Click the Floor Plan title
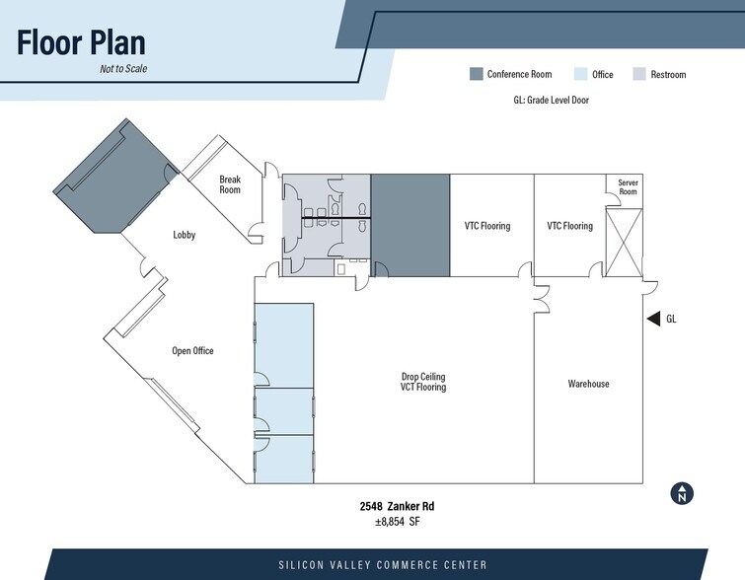[x=81, y=42]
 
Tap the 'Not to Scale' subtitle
[x=123, y=69]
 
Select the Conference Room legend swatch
[x=476, y=74]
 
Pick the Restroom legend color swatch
[x=638, y=74]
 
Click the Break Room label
[x=229, y=184]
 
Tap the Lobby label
[x=185, y=235]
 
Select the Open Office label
[x=192, y=351]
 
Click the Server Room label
[x=628, y=186]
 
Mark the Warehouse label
[x=588, y=384]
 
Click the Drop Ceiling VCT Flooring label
[x=423, y=382]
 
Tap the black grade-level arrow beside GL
[x=652, y=319]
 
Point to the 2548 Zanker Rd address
[x=397, y=507]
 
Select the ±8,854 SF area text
[x=397, y=522]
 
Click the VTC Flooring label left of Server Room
[x=570, y=226]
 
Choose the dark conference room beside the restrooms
[x=410, y=226]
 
